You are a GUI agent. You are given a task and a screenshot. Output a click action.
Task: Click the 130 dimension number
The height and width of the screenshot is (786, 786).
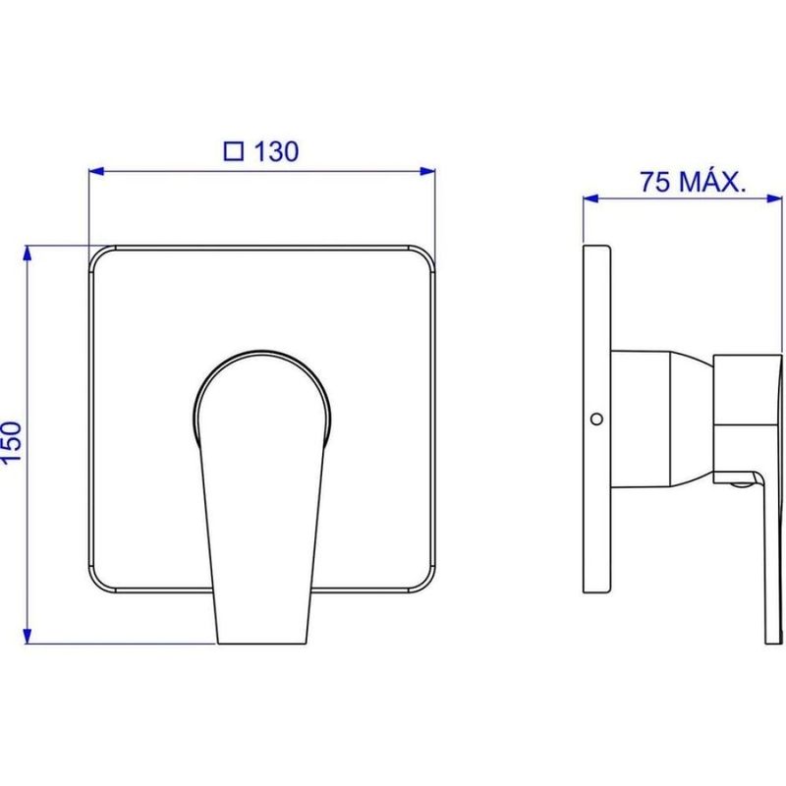click(277, 151)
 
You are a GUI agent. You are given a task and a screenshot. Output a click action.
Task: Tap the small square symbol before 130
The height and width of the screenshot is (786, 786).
click(234, 151)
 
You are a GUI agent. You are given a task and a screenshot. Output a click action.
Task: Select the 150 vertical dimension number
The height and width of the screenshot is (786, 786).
click(12, 443)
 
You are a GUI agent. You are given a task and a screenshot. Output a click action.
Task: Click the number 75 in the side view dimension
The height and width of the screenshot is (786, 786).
click(654, 182)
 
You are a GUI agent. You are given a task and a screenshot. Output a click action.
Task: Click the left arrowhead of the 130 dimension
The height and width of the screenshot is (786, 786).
click(95, 171)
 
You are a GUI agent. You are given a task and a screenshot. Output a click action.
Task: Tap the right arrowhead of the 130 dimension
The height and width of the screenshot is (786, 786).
click(427, 171)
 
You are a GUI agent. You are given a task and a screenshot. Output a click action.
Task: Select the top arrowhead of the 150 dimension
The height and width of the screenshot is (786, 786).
click(28, 253)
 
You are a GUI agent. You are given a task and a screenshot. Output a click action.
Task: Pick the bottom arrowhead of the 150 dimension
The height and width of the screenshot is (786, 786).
click(28, 636)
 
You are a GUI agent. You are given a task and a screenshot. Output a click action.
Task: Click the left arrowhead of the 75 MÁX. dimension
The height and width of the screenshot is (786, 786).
click(590, 198)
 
